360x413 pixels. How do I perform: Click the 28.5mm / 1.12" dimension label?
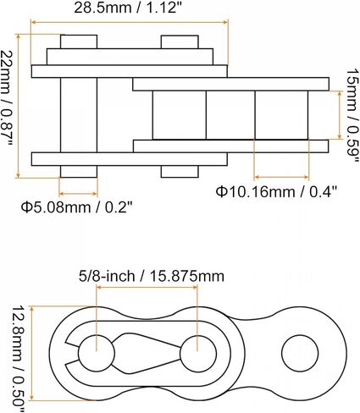pyautogui.click(x=129, y=8)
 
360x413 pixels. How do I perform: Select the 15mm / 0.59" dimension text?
pyautogui.click(x=352, y=116)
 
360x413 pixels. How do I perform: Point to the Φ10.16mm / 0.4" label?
pyautogui.click(x=276, y=192)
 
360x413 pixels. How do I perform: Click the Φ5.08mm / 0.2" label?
pyautogui.click(x=76, y=208)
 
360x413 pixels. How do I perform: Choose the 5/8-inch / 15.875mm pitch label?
pyautogui.click(x=152, y=276)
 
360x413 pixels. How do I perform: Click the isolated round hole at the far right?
pyautogui.click(x=300, y=353)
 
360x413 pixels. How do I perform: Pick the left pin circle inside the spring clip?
pyautogui.click(x=97, y=353)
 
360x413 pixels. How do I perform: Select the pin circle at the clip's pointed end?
pyautogui.click(x=198, y=353)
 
